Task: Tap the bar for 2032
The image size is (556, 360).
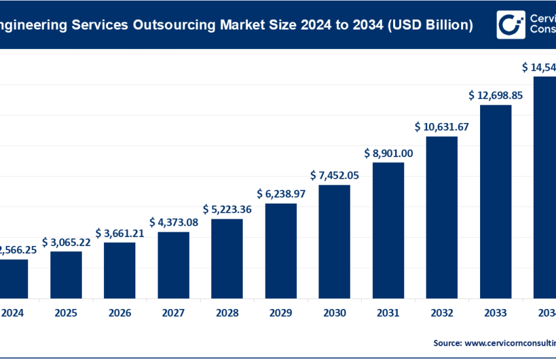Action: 442,217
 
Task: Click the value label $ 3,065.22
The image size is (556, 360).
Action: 66,242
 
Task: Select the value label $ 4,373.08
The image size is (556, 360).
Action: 173,223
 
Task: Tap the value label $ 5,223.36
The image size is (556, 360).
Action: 227,209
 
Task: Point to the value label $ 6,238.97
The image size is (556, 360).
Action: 281,194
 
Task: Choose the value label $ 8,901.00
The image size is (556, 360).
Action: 388,153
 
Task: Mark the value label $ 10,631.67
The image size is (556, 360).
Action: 442,127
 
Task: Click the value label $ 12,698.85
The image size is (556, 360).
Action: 495,96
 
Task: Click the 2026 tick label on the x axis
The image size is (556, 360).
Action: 120,313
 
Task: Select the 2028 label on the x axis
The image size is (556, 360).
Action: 227,313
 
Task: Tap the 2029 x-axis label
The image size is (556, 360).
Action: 281,313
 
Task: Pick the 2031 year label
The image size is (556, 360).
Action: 388,313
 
